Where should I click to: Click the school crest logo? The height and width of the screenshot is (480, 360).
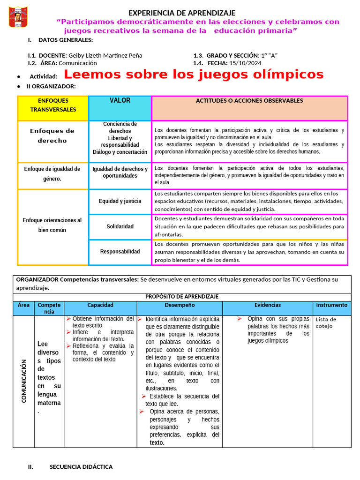click(x=18, y=17)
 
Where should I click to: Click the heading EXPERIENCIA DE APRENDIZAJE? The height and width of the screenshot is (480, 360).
click(x=182, y=13)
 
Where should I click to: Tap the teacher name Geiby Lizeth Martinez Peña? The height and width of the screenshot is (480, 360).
click(x=105, y=55)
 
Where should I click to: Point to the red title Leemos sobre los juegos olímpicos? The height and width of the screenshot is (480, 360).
click(x=194, y=75)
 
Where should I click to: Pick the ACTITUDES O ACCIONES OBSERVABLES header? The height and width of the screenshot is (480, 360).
click(x=249, y=101)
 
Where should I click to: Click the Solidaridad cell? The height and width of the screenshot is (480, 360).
click(x=120, y=226)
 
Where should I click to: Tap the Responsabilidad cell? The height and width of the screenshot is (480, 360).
click(x=120, y=252)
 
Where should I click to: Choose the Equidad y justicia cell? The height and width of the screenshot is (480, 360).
click(x=120, y=201)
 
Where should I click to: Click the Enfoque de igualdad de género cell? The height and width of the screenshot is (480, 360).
click(x=52, y=174)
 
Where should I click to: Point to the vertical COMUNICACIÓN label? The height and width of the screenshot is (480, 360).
click(x=23, y=381)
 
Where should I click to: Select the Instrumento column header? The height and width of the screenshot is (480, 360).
click(x=332, y=305)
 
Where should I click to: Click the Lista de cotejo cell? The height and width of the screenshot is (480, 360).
click(x=326, y=322)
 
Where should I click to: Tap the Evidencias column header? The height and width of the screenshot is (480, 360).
click(x=268, y=305)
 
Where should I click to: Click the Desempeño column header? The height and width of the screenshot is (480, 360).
click(x=180, y=305)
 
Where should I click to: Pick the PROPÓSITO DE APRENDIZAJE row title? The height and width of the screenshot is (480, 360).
click(x=182, y=297)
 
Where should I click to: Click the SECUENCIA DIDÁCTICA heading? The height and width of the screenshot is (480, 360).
click(x=81, y=467)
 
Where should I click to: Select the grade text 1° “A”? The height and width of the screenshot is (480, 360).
click(x=269, y=55)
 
